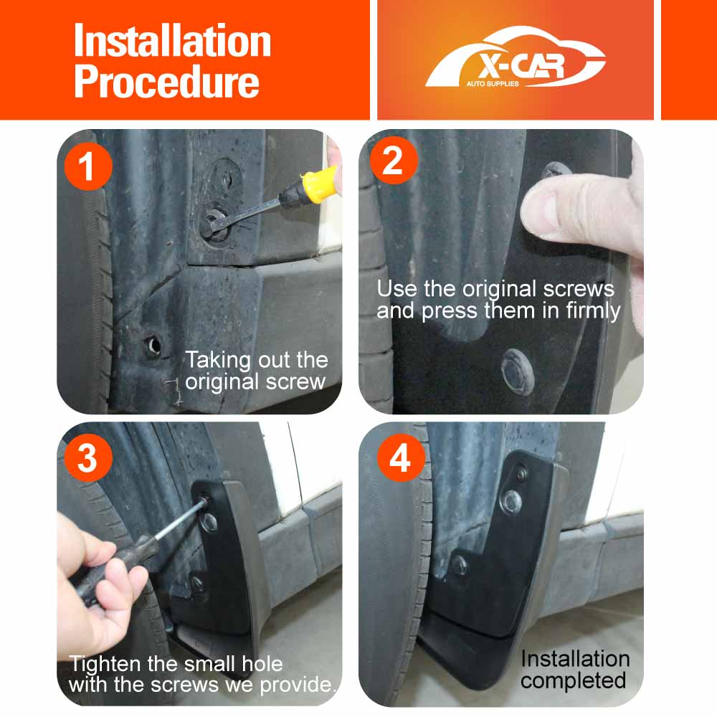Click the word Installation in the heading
pyautogui.click(x=172, y=40)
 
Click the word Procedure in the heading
pyautogui.click(x=166, y=82)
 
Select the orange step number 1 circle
pyautogui.click(x=88, y=166)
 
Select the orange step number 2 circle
pyautogui.click(x=393, y=161)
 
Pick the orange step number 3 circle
pyautogui.click(x=88, y=457)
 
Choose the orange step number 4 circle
pyautogui.click(x=401, y=457)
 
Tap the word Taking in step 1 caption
pyautogui.click(x=218, y=361)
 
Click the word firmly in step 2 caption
pyautogui.click(x=593, y=311)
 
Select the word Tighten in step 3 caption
pyautogui.click(x=105, y=665)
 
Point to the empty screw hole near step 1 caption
pyautogui.click(x=153, y=346)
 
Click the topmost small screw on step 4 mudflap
pyautogui.click(x=521, y=473)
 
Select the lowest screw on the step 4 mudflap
pyautogui.click(x=459, y=566)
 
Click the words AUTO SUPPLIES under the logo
pyautogui.click(x=493, y=84)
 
